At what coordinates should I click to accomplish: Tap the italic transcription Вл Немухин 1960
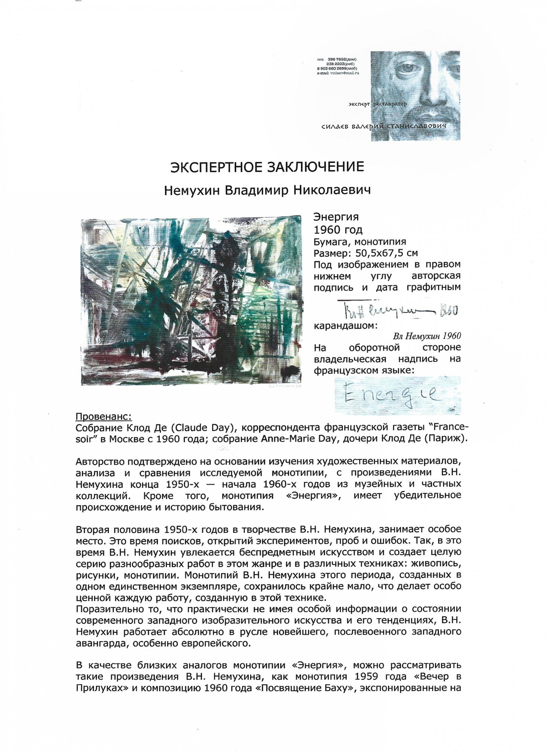(x=427, y=336)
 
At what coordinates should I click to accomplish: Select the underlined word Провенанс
(x=104, y=416)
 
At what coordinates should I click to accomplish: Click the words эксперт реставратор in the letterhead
(x=378, y=104)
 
